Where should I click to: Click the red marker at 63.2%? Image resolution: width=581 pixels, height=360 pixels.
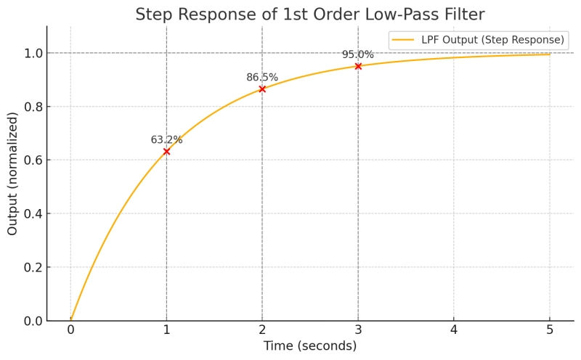(166, 151)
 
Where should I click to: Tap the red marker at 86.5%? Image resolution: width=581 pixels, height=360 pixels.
(262, 89)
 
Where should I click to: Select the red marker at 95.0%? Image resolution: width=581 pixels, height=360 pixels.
(358, 66)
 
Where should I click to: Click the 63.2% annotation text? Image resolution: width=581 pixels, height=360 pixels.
(166, 140)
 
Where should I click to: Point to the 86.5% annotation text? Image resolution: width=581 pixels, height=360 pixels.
(262, 78)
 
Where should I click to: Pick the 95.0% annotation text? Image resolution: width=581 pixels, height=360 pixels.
(358, 55)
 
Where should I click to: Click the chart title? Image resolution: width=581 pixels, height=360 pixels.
(310, 15)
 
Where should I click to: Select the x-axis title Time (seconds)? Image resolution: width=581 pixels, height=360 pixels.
(310, 346)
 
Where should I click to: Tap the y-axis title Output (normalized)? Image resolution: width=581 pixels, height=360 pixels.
(13, 173)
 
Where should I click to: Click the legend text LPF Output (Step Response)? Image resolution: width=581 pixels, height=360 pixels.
(492, 40)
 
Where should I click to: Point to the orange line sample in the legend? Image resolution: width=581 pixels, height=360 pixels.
(403, 40)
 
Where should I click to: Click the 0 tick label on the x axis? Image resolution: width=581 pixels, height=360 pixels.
(70, 330)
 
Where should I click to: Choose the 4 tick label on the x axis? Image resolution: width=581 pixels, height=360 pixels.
(454, 330)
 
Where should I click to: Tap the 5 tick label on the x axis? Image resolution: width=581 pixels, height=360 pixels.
(550, 330)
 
